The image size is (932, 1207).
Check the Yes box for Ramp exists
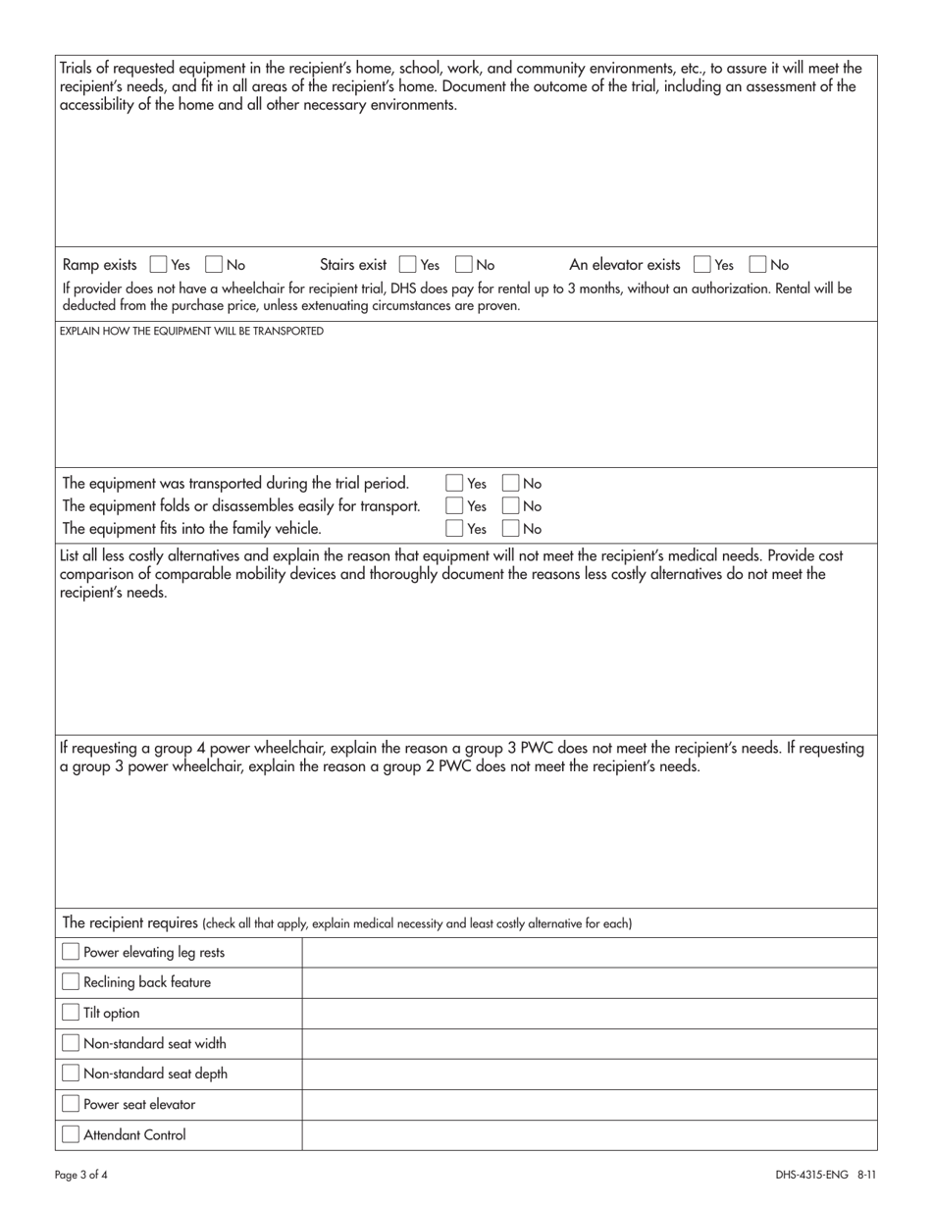158,264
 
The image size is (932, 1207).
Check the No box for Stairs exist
465,264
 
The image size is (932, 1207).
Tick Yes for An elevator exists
701,264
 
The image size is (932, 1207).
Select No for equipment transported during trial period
511,483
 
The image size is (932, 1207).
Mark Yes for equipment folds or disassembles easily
454,506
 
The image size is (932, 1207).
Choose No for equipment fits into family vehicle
511,529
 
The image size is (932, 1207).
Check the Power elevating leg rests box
71,952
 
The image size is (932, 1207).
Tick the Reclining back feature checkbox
71,982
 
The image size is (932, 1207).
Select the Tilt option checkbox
71,1013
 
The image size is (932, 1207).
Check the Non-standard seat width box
71,1043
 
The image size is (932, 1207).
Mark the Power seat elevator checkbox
71,1104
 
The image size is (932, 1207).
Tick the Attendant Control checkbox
71,1134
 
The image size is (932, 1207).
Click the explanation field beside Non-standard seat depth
589,1074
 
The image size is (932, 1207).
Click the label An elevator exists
624,264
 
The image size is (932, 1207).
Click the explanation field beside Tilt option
589,1013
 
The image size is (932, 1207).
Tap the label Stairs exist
353,264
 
